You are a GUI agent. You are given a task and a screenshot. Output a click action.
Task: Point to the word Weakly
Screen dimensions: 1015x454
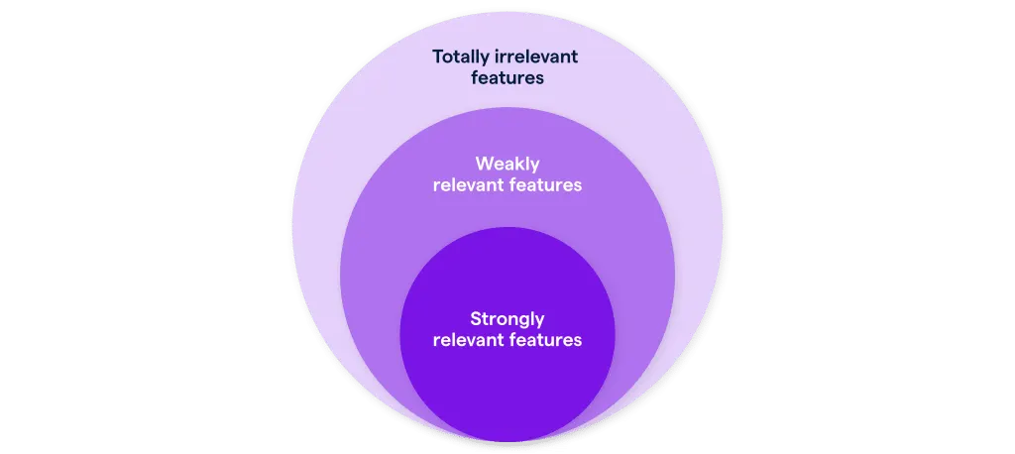click(507, 164)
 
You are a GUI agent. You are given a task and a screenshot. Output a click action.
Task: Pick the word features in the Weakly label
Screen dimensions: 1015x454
click(545, 185)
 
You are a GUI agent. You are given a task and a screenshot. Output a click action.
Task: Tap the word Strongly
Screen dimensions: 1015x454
click(507, 319)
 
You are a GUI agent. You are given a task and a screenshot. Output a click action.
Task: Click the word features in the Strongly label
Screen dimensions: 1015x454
click(545, 340)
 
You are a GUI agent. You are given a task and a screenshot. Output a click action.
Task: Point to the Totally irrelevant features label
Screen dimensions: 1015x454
click(506, 67)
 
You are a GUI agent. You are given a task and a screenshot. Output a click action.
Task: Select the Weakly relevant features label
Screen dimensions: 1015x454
click(507, 174)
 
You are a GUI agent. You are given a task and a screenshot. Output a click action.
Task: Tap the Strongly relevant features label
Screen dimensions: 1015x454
click(507, 330)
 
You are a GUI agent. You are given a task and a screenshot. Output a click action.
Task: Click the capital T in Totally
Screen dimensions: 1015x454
click(438, 57)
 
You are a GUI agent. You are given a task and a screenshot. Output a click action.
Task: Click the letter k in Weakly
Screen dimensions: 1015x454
click(519, 164)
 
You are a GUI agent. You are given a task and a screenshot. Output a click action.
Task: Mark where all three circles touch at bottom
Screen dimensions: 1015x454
click(507, 442)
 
